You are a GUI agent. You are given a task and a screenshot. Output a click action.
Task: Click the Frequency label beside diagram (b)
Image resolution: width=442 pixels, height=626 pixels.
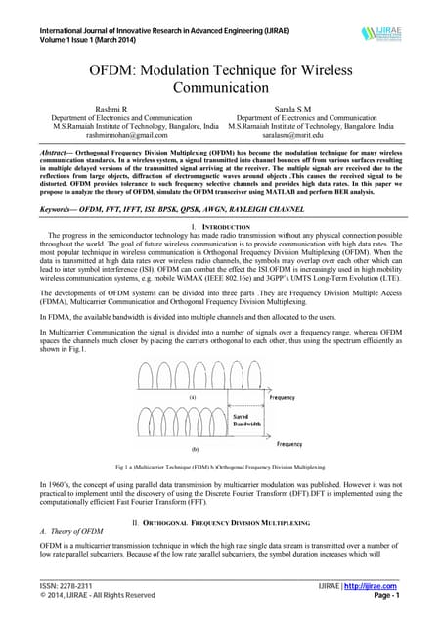[x=289, y=444]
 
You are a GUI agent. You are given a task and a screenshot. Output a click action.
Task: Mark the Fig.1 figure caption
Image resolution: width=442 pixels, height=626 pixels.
[x=219, y=469]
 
